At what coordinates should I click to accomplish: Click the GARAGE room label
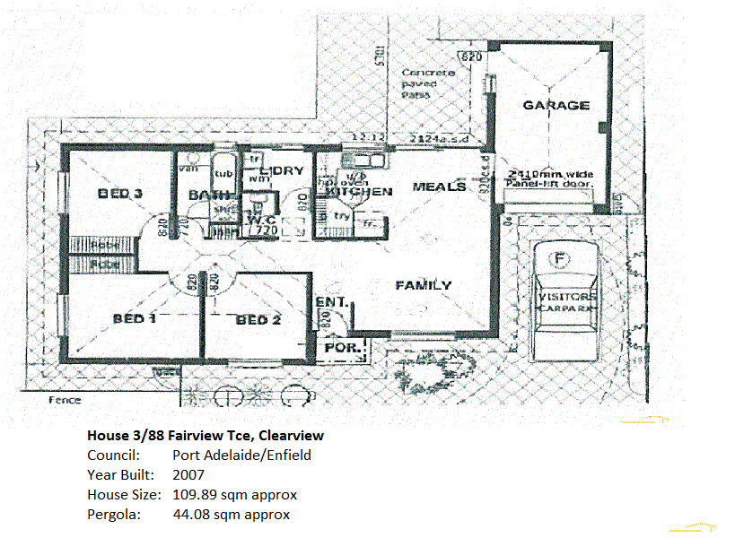[x=556, y=105]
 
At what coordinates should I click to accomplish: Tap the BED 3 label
[x=120, y=194]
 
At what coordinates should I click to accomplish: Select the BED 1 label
[x=135, y=318]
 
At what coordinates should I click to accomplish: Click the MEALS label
[x=439, y=187]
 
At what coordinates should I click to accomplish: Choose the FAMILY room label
[x=424, y=285]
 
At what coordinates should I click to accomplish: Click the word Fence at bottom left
[x=65, y=401]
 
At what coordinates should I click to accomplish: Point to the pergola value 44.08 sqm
[x=231, y=514]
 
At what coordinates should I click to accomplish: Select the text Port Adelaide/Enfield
[x=241, y=455]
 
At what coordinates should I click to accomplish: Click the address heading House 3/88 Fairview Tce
[x=206, y=435]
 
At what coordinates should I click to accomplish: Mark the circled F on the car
[x=561, y=260]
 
